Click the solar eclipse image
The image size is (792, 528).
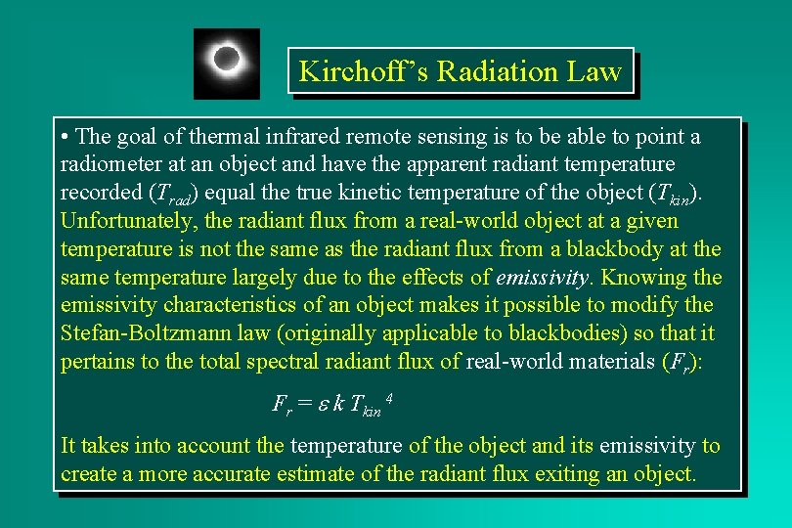pyautogui.click(x=227, y=63)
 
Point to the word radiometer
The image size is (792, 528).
pyautogui.click(x=108, y=163)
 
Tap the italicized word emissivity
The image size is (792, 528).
pyautogui.click(x=542, y=277)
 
